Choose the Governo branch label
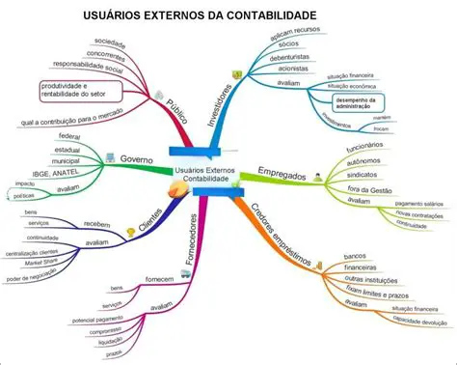coord(138,157)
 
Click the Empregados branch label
coord(282,177)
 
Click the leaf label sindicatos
coord(361,177)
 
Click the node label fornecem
coord(158,279)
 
